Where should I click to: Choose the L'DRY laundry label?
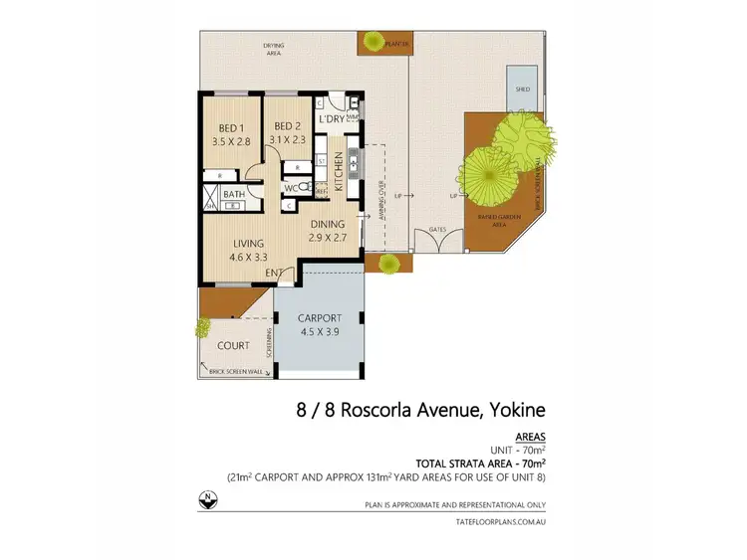[x=331, y=119]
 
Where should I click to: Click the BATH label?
[x=234, y=195]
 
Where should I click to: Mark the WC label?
[x=291, y=186]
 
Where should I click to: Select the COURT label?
[x=234, y=345]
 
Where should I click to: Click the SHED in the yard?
[x=522, y=89]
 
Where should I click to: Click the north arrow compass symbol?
[x=206, y=499]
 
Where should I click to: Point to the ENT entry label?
[x=271, y=271]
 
